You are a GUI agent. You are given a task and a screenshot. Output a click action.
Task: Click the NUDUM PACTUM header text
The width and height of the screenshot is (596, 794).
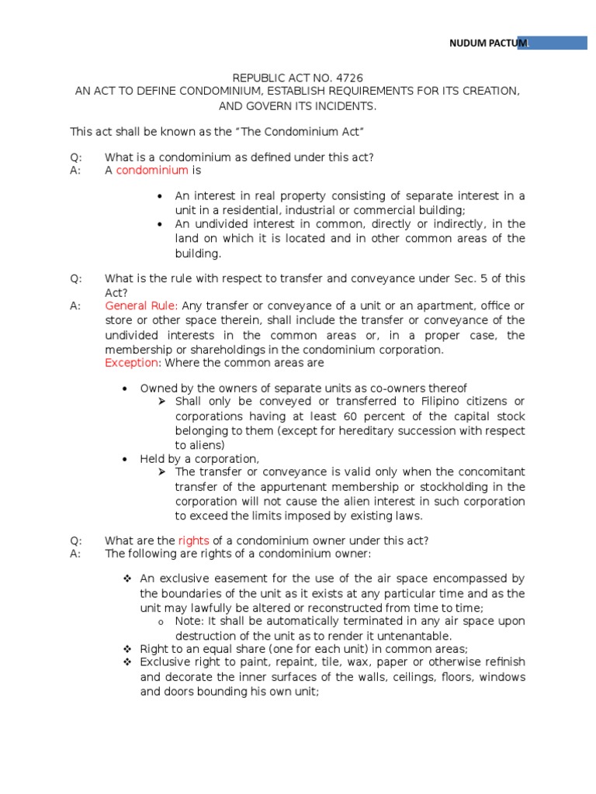pyautogui.click(x=487, y=43)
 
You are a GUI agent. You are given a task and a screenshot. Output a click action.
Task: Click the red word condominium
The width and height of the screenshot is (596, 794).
pyautogui.click(x=152, y=170)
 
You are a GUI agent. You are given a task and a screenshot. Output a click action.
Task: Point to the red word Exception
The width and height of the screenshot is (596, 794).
pyautogui.click(x=133, y=363)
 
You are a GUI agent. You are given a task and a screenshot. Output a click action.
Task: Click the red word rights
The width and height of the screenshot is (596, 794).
pyautogui.click(x=193, y=540)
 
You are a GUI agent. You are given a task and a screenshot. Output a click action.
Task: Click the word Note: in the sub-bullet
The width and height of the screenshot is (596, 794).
pyautogui.click(x=189, y=621)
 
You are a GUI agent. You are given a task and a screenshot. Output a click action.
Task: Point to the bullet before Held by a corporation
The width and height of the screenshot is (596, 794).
pyautogui.click(x=126, y=459)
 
